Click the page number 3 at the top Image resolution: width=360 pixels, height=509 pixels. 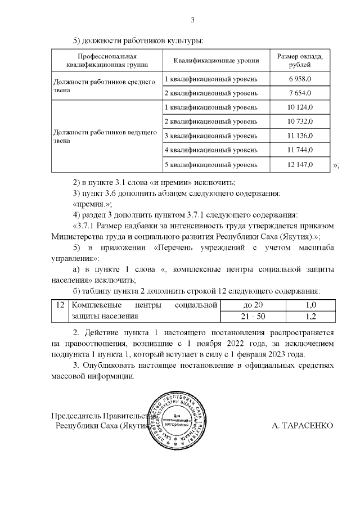192,21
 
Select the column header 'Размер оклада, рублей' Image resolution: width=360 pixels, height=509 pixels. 300,61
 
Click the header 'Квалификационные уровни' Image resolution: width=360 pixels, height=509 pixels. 216,61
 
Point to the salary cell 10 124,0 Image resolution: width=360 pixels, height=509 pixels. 300,107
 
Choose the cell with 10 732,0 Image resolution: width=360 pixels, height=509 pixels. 300,121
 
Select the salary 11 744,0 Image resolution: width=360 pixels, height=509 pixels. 300,150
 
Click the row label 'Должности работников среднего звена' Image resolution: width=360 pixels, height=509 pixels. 104,85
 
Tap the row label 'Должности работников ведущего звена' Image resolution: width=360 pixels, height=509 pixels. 104,136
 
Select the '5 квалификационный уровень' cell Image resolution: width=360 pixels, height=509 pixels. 211,165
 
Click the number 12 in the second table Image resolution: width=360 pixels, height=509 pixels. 59,305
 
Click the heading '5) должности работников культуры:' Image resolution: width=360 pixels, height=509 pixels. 138,40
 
